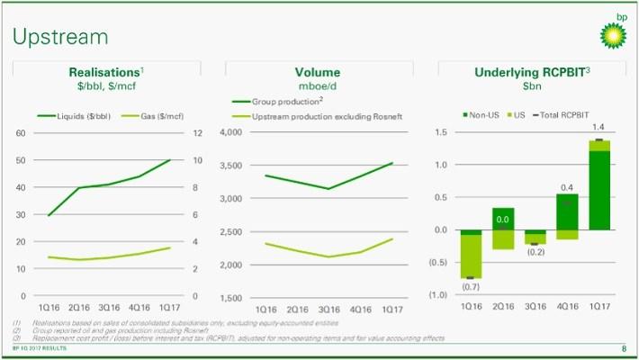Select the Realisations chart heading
[x=106, y=72]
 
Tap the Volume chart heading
[x=318, y=72]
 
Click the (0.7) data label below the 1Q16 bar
[x=470, y=286]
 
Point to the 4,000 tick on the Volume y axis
[x=231, y=133]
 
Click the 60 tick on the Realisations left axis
[x=20, y=133]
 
